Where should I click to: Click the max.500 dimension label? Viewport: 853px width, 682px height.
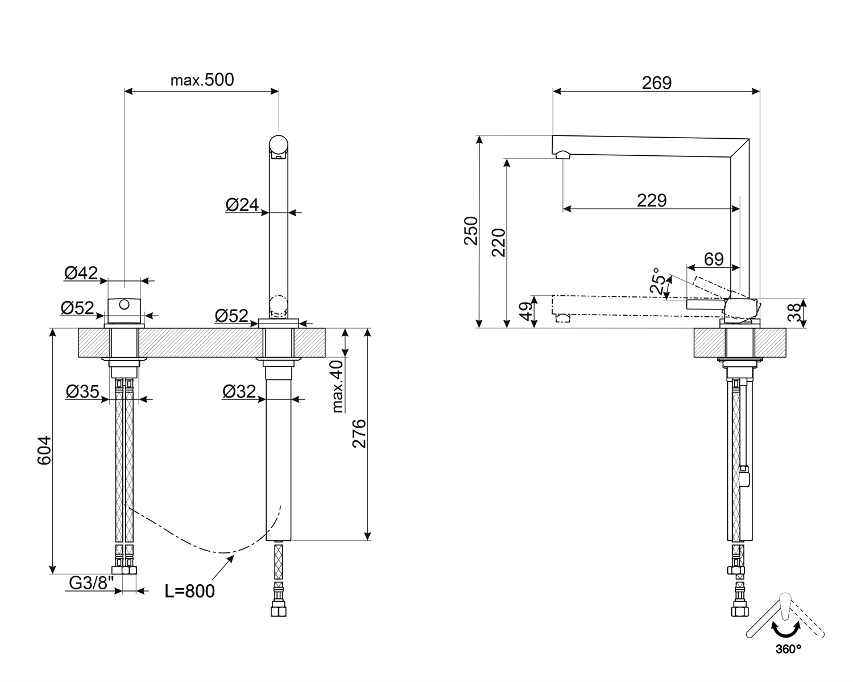click(202, 80)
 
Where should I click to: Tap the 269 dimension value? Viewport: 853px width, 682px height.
click(657, 83)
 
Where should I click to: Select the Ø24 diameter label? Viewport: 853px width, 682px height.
click(242, 205)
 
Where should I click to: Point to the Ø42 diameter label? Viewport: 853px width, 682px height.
click(81, 273)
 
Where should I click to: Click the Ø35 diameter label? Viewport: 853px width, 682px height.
click(82, 391)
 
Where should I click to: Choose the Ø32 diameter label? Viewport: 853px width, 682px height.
click(239, 391)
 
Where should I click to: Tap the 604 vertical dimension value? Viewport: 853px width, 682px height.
click(44, 450)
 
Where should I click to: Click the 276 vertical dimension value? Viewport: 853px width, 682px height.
click(359, 433)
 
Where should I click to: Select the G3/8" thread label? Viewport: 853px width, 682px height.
click(91, 583)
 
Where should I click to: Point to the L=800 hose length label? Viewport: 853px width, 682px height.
click(190, 591)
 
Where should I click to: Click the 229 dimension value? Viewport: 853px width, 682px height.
click(652, 200)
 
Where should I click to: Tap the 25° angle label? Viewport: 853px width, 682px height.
click(657, 280)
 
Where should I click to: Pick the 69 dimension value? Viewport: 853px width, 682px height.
click(714, 259)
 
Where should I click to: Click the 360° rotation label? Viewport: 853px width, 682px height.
click(788, 649)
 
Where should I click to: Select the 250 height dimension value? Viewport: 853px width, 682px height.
click(471, 231)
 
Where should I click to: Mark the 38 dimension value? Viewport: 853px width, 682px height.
click(794, 312)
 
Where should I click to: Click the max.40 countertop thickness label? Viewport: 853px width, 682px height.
click(337, 387)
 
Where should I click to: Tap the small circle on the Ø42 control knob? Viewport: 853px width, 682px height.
click(124, 304)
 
